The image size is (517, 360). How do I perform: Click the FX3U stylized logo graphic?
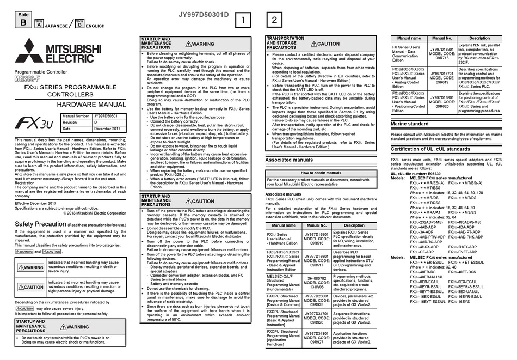pyautogui.click(x=34, y=123)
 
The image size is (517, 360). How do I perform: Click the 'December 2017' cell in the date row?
pyautogui.click(x=107, y=129)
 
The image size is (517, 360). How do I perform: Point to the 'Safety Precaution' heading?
pyautogui.click(x=40, y=224)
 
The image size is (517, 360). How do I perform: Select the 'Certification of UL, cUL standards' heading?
pyautogui.click(x=430, y=149)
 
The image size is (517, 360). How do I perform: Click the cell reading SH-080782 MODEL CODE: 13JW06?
pyautogui.click(x=316, y=280)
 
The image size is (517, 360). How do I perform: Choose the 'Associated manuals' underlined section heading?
pyautogui.click(x=289, y=160)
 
